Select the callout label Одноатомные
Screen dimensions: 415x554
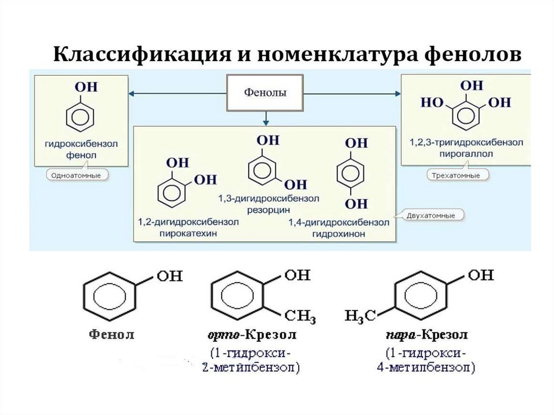pos(75,175)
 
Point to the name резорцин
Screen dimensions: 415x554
pos(269,209)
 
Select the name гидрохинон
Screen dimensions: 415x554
pos(339,234)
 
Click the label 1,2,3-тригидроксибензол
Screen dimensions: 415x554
pos(464,142)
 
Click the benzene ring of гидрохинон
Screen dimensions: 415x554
pos(355,174)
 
